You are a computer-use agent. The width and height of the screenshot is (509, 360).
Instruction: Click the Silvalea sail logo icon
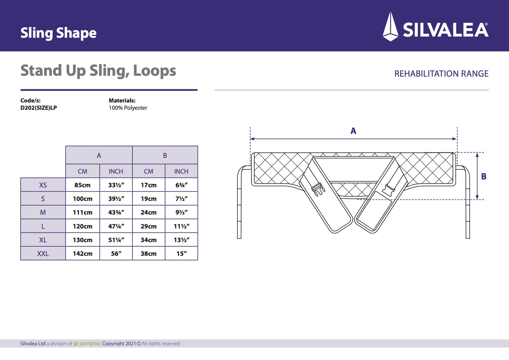(391, 27)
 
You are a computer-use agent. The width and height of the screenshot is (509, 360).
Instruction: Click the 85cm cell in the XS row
(82, 185)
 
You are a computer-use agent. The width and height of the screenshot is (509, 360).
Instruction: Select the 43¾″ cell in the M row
(116, 212)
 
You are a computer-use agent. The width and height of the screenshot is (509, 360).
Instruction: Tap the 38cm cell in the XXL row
(148, 253)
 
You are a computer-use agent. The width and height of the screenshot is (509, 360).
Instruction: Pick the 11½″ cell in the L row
(181, 226)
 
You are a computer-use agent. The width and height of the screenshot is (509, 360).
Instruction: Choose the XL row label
(43, 240)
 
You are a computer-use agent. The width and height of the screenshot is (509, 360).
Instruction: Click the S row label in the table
(43, 199)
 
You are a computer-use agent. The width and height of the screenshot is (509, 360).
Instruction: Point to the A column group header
(99, 155)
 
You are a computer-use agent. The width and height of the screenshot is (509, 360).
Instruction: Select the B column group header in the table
(165, 155)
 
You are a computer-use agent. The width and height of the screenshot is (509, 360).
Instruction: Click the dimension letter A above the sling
(353, 131)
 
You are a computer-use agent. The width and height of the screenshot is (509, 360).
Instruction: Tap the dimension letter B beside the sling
(484, 176)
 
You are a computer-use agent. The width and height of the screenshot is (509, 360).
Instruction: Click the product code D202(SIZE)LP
(39, 108)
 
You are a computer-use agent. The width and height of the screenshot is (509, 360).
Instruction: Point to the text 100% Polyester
(128, 108)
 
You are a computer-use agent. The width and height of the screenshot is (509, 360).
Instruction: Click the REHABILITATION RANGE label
(441, 74)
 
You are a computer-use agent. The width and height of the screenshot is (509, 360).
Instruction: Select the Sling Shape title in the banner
(58, 33)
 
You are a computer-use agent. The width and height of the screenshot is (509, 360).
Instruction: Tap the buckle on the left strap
(318, 189)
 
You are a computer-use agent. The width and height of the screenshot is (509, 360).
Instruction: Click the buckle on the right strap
(389, 190)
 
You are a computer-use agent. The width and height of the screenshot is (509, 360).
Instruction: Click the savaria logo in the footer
(87, 343)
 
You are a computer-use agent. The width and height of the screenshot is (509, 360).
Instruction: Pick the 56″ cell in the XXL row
(116, 253)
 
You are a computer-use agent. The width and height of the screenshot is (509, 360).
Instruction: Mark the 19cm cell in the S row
(148, 199)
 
